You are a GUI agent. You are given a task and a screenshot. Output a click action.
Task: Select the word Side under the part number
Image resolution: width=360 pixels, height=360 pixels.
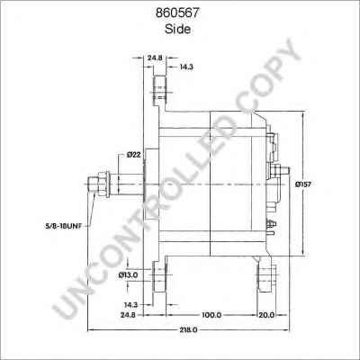click(178, 29)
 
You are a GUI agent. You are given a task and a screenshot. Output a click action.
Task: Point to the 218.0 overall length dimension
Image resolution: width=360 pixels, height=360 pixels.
click(188, 331)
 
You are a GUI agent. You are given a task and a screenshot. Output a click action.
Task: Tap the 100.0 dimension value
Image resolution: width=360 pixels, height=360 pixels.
click(211, 316)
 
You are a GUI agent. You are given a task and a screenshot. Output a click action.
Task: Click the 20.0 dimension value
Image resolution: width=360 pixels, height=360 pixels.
click(266, 316)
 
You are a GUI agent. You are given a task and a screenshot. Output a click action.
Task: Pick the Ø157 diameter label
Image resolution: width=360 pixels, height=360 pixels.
click(304, 184)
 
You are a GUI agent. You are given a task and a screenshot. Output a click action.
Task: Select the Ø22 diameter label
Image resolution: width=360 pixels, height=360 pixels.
click(134, 155)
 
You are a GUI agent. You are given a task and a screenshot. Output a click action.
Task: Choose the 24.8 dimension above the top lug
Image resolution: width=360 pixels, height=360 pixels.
click(154, 58)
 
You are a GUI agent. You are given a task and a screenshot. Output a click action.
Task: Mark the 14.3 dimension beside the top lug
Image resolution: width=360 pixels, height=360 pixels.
click(184, 67)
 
